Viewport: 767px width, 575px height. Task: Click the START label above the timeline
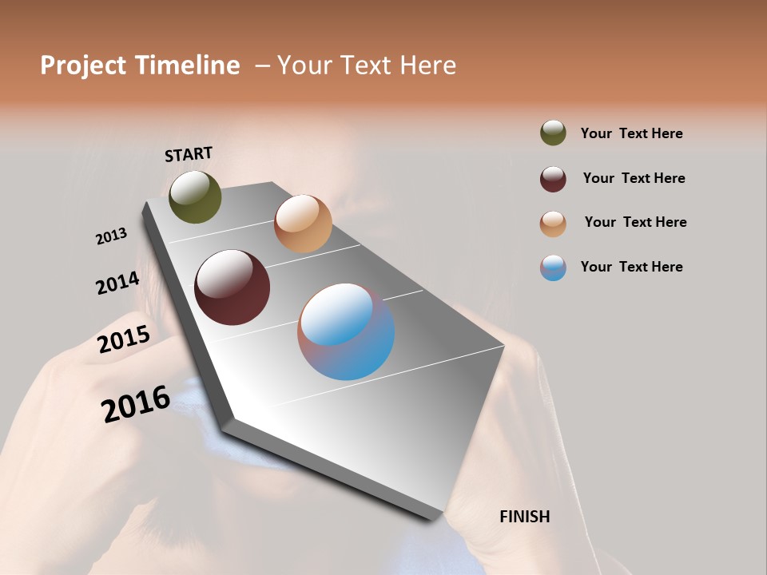pos(189,154)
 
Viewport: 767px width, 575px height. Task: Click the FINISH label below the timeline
pos(524,517)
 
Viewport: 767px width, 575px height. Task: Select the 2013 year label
pos(111,236)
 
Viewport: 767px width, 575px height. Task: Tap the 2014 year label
pos(117,284)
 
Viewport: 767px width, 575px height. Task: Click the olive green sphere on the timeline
pos(195,196)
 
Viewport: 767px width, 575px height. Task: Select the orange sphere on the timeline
pos(303,223)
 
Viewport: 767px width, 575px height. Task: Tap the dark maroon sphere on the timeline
pos(232,287)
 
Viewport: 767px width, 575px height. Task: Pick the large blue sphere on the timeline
pos(346,331)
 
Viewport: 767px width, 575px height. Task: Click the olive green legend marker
pos(553,133)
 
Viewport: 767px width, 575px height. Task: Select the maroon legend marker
pos(553,179)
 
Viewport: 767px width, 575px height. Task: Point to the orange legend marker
pos(553,224)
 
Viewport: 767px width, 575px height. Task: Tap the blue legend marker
pos(553,268)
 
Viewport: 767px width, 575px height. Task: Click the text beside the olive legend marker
pos(631,133)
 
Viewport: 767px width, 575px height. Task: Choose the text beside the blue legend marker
pos(631,267)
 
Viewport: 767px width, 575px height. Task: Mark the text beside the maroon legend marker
pos(634,178)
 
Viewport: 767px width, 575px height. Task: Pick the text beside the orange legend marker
pos(635,222)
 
